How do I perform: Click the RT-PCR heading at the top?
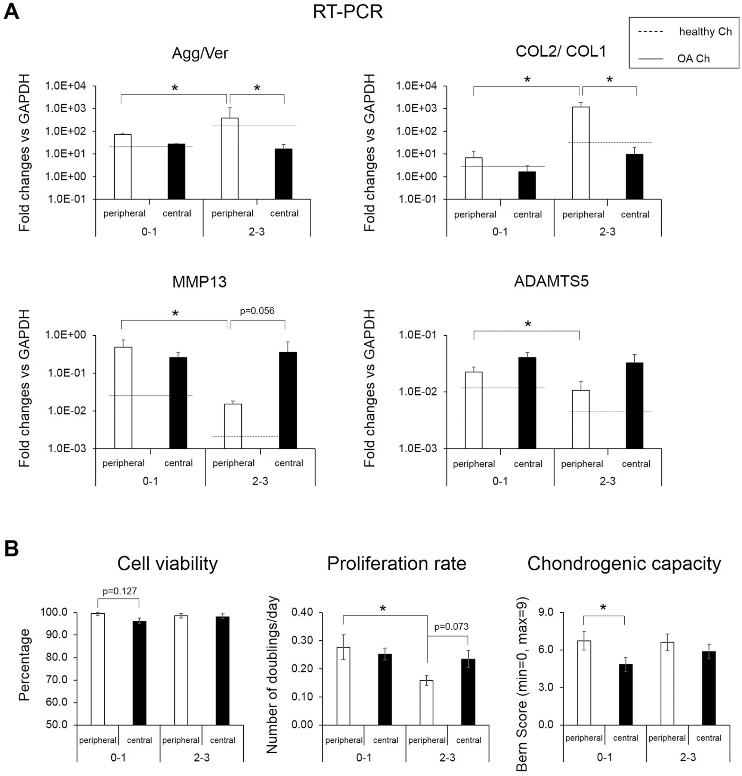[348, 12]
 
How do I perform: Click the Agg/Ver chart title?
[200, 53]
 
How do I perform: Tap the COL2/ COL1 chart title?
[561, 52]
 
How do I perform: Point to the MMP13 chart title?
[200, 282]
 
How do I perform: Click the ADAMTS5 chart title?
[551, 281]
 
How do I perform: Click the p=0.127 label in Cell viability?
[120, 591]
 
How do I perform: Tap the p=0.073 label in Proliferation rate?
[451, 627]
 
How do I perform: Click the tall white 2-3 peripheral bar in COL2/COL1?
[581, 153]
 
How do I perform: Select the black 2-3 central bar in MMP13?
[288, 400]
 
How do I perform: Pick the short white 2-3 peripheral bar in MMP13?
[233, 426]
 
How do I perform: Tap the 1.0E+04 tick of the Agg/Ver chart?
[67, 86]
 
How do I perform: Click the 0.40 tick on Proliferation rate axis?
[302, 612]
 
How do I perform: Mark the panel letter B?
[12, 549]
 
